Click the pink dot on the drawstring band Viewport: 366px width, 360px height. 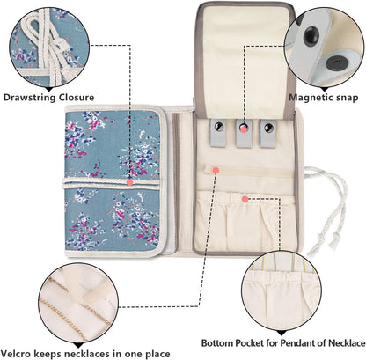130,182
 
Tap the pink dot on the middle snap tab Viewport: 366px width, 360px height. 244,129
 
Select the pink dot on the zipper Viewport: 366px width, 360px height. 216,170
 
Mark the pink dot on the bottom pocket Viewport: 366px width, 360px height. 245,199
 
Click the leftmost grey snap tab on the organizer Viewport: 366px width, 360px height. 219,133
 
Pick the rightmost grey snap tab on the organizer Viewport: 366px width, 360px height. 267,134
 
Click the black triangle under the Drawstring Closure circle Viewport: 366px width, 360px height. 48,89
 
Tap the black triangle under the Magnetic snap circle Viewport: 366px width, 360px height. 324,89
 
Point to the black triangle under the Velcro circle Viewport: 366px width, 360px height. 77,345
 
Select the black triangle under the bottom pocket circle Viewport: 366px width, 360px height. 281,333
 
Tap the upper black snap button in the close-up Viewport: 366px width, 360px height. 311,36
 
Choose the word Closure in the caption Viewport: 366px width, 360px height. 77,98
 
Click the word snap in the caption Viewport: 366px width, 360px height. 346,99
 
